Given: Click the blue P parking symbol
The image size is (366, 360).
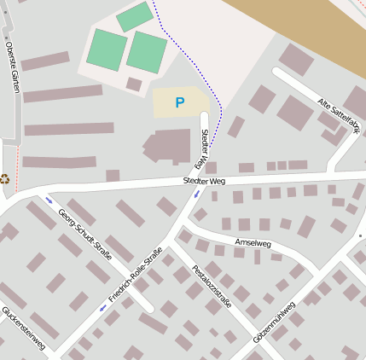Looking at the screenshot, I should point(179,102).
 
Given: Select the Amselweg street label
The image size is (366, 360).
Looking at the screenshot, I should point(253,243).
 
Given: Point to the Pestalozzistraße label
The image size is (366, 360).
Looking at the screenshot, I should point(212,289).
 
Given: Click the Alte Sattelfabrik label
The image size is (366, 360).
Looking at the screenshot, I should point(339,116).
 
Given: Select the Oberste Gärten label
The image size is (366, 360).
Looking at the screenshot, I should point(12,67).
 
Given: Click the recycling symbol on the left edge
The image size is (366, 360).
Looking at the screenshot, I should point(5,179).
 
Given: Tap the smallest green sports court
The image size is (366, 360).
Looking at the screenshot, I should point(134,17).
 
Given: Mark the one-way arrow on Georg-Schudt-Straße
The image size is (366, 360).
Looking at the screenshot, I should point(49,201).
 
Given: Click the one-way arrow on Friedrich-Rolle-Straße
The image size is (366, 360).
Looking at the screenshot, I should point(104,309).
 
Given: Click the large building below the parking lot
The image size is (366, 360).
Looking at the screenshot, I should point(170,146).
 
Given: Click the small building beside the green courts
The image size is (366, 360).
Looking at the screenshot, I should point(134,84).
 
